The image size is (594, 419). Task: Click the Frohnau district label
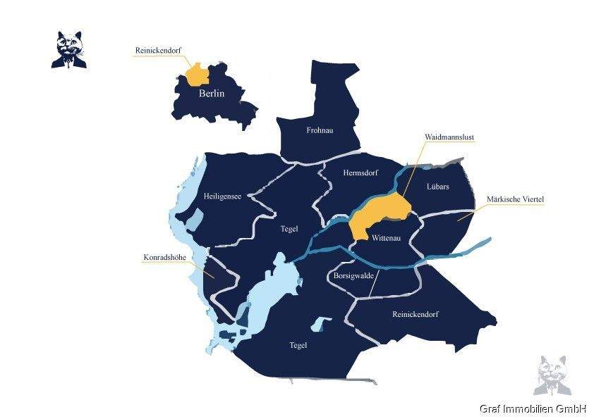point(319,130)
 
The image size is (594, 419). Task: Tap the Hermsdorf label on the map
point(360,173)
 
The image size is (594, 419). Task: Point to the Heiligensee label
point(222,196)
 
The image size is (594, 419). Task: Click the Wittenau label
point(386,238)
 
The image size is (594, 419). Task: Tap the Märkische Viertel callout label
point(515,200)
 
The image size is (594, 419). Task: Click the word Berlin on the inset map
point(211,94)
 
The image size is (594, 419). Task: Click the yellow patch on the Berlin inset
point(197,74)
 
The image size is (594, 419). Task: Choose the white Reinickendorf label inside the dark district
point(415,314)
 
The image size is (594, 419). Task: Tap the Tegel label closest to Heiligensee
point(289,229)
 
